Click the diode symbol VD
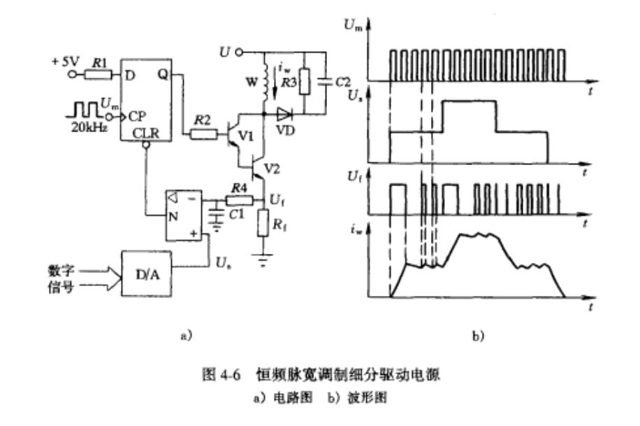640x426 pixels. [285, 112]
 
